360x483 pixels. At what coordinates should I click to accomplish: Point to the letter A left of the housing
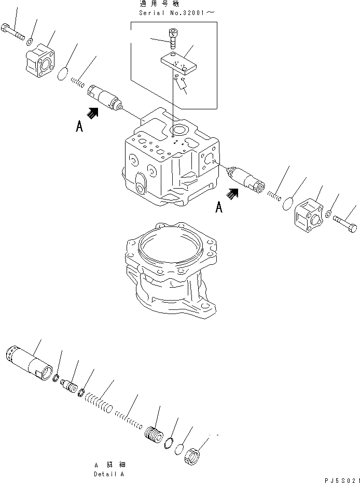(x=79, y=127)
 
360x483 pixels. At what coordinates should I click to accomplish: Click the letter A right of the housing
(x=219, y=207)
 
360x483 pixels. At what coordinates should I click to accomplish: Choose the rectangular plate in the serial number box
(x=179, y=65)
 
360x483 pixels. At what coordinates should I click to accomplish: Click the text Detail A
(x=108, y=474)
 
